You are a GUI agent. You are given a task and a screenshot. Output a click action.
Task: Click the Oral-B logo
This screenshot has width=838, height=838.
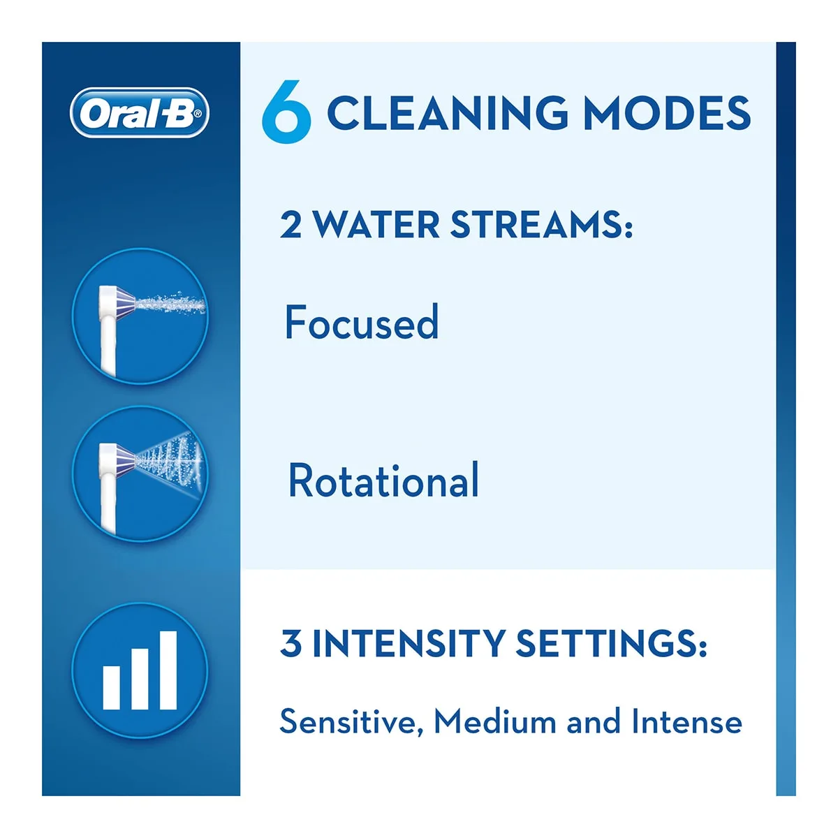click(140, 112)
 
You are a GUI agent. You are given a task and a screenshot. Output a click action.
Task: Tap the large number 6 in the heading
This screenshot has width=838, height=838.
click(286, 112)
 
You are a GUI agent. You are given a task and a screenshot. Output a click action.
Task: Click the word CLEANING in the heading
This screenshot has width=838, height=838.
click(448, 112)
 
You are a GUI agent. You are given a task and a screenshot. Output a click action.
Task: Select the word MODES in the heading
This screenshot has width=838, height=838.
click(667, 112)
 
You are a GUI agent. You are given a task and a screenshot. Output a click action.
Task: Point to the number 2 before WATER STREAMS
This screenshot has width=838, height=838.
click(291, 225)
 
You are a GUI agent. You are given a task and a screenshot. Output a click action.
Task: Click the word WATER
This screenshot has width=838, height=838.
click(376, 225)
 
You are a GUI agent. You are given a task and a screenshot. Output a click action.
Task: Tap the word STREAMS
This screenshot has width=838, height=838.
click(541, 225)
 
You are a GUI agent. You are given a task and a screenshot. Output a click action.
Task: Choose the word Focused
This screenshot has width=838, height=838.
click(362, 322)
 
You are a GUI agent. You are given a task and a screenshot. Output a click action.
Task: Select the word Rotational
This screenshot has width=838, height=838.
click(383, 480)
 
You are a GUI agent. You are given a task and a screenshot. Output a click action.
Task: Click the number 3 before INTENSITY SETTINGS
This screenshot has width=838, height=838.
click(291, 643)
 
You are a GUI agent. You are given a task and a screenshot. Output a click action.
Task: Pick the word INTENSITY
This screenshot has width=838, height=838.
click(409, 643)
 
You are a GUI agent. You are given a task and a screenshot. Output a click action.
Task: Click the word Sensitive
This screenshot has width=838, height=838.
click(351, 721)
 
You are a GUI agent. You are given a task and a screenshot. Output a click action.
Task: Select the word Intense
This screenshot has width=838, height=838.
click(686, 721)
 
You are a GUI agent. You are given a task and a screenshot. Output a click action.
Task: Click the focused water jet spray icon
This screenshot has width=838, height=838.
click(140, 316)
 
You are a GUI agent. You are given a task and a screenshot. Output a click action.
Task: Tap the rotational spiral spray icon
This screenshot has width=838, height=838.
click(140, 473)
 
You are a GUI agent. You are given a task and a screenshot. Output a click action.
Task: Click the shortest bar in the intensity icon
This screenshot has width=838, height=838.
click(112, 687)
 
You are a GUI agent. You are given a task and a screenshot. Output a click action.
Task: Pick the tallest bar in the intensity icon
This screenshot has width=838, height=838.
click(168, 670)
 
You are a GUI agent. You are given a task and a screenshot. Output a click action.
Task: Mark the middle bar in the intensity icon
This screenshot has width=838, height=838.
click(140, 679)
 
